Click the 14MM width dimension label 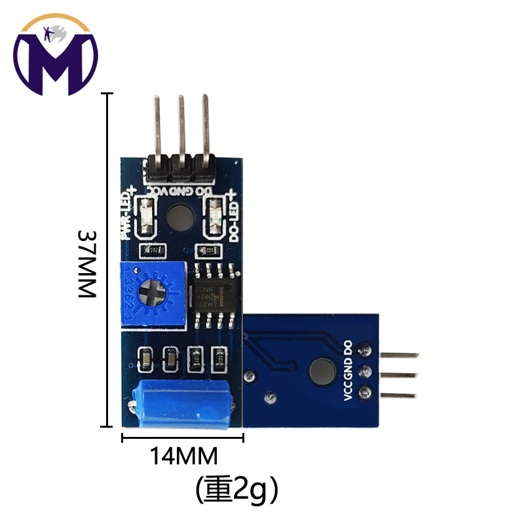click(184, 456)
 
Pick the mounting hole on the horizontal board click(322, 370)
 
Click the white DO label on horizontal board click(348, 346)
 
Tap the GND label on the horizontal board click(348, 367)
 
